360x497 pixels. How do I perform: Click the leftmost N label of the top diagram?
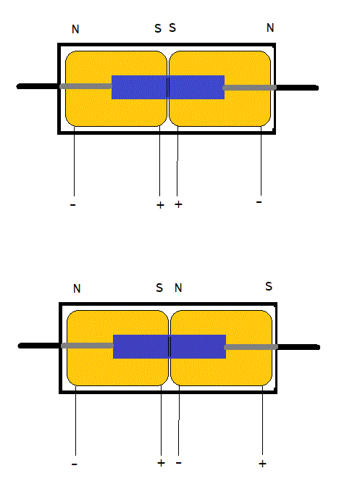click(75, 29)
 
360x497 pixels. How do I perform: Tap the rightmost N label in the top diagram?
click(270, 28)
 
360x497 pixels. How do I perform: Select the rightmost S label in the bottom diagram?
click(269, 286)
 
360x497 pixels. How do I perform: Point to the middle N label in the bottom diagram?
click(178, 288)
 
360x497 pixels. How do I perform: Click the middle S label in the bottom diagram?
click(159, 288)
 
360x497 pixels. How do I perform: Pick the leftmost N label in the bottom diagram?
click(77, 288)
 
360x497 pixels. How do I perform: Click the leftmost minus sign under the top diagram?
click(73, 205)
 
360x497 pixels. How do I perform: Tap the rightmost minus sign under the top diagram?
click(259, 201)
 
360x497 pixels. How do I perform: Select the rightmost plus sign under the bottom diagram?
click(262, 464)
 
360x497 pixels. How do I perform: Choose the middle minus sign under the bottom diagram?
click(179, 463)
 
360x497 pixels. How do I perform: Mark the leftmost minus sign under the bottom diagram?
click(75, 464)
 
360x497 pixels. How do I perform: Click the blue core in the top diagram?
click(168, 87)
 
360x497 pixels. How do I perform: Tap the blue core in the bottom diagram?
click(169, 346)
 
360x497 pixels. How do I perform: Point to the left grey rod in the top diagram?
click(85, 86)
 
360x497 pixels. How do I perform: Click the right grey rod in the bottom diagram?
click(251, 347)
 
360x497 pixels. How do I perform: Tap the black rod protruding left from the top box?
click(38, 86)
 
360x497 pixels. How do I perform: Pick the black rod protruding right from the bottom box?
click(298, 347)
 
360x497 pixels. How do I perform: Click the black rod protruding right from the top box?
click(297, 88)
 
